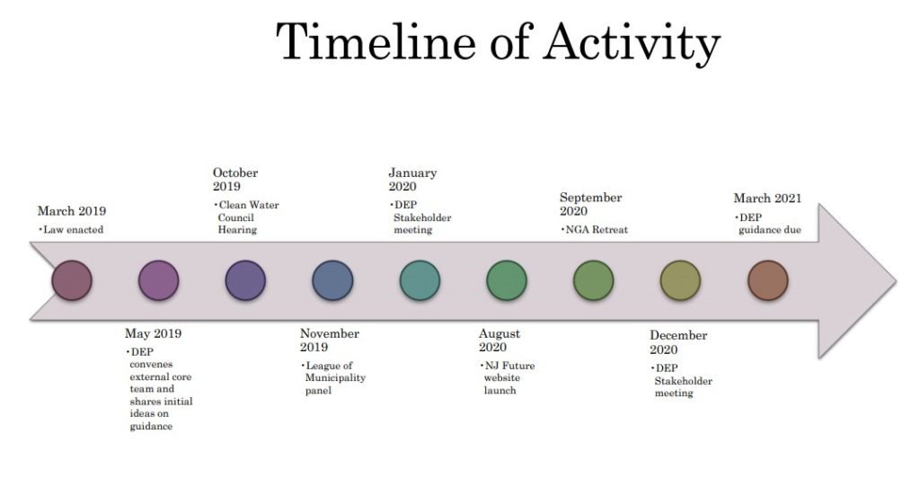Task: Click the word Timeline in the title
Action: tap(376, 41)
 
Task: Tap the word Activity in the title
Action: tap(632, 43)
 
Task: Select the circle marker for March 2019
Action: tap(72, 280)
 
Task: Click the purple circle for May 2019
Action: tap(158, 280)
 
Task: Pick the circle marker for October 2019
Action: tap(245, 280)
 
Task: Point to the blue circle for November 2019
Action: tap(332, 280)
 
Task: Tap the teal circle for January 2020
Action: tap(420, 280)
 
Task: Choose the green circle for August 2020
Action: tap(507, 280)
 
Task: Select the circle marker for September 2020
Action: tap(593, 280)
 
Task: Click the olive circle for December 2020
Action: tap(680, 280)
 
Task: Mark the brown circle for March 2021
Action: tap(767, 280)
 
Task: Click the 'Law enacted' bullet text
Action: tap(74, 230)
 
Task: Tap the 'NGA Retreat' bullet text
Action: tap(597, 230)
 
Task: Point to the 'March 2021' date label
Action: tap(767, 199)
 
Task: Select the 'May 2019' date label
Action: tap(153, 333)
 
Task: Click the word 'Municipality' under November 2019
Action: tap(336, 378)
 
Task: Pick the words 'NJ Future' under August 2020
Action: tap(509, 366)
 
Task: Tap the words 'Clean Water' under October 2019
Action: tap(249, 205)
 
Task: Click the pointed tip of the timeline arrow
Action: tap(896, 281)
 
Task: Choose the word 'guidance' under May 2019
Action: tap(151, 427)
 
